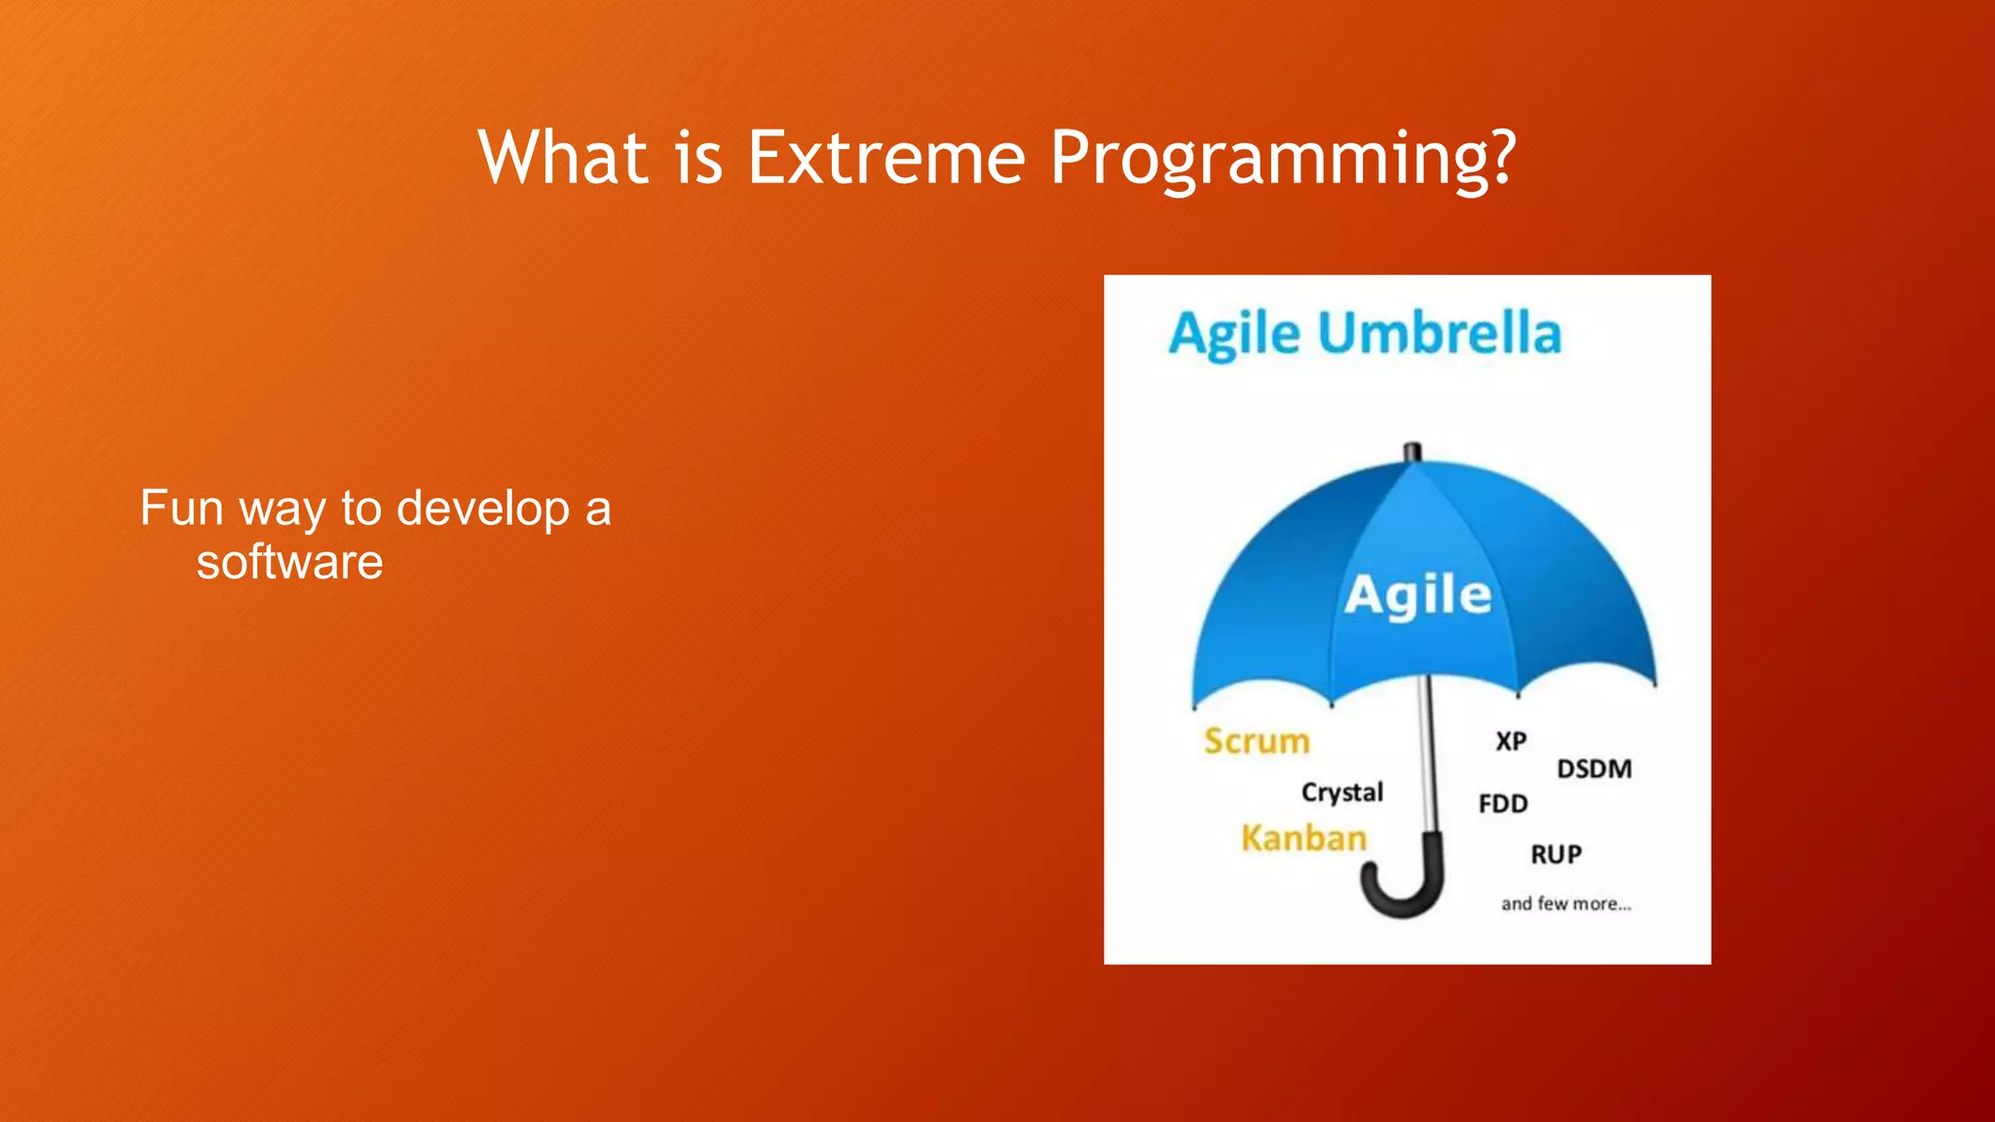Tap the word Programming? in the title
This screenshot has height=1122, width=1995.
click(1283, 159)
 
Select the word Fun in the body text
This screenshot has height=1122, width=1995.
click(181, 508)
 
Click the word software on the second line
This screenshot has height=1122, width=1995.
click(289, 562)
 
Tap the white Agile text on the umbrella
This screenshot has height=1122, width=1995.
click(1417, 595)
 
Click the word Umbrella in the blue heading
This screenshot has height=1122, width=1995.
click(1439, 334)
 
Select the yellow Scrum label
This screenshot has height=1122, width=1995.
click(1257, 741)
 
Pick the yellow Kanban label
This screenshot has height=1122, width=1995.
click(1303, 839)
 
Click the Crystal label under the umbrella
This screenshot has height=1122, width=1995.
click(1341, 793)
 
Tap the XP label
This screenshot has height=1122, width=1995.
click(1511, 742)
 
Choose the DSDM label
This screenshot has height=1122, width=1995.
click(1594, 769)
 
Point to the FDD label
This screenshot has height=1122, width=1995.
click(1503, 804)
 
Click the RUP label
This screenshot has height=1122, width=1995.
click(1556, 855)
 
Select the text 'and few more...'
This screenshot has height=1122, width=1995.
click(1565, 904)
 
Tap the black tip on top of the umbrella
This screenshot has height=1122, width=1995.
click(1412, 453)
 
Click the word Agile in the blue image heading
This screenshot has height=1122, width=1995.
click(1234, 334)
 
